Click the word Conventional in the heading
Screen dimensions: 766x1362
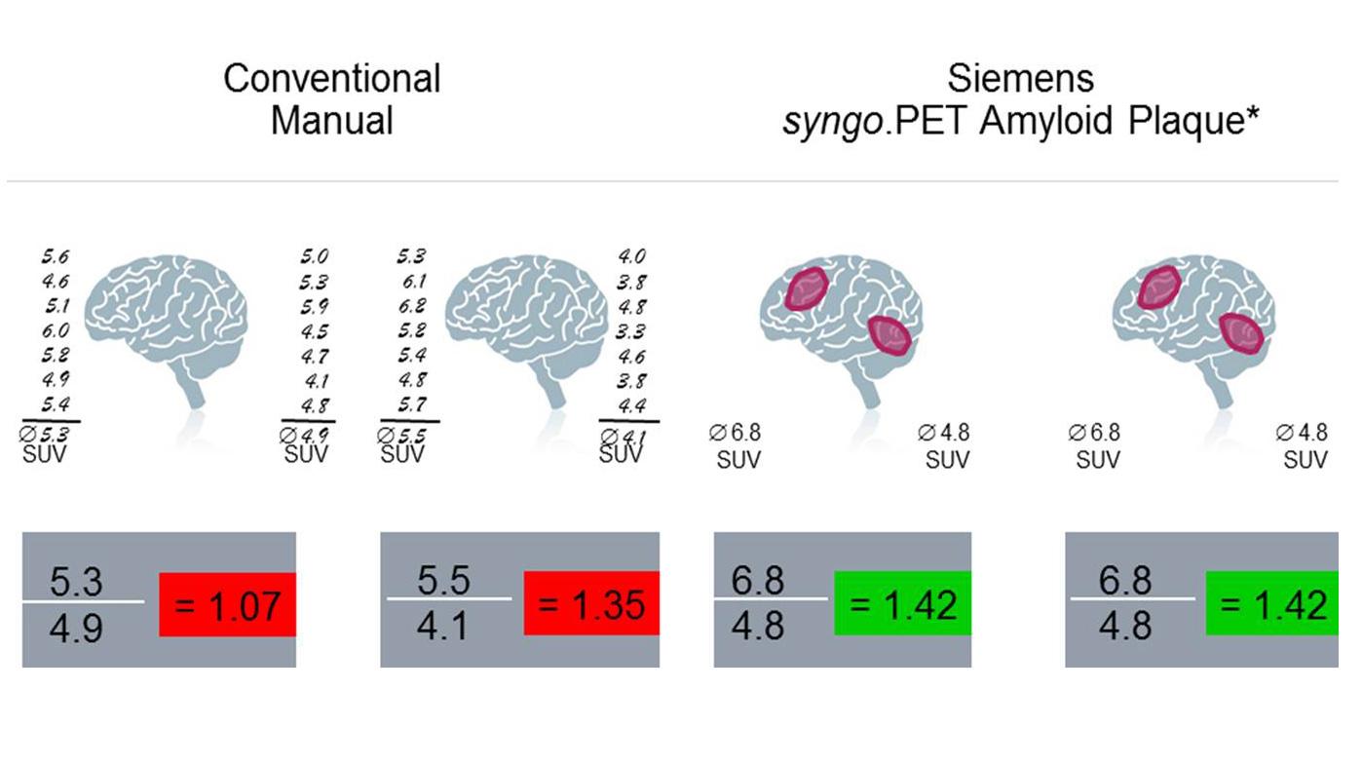click(x=331, y=78)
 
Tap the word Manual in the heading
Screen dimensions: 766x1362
click(x=331, y=121)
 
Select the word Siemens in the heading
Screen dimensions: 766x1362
click(x=1020, y=78)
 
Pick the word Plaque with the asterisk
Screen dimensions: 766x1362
click(x=1201, y=121)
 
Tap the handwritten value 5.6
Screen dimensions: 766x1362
click(x=55, y=258)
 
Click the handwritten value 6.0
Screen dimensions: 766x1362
click(x=55, y=331)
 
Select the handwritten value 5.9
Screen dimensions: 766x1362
click(x=314, y=307)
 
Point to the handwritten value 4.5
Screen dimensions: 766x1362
click(x=314, y=331)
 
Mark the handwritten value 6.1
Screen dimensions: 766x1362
click(x=411, y=283)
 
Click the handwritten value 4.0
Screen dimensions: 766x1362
click(x=631, y=258)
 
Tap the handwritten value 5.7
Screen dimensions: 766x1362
click(x=411, y=405)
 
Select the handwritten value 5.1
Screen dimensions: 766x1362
click(x=55, y=307)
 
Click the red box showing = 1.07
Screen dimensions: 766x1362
click(x=227, y=605)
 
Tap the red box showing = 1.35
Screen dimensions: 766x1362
click(x=591, y=604)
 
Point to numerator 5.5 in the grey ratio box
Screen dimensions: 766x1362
click(x=443, y=581)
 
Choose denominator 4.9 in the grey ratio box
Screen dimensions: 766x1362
click(x=76, y=628)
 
